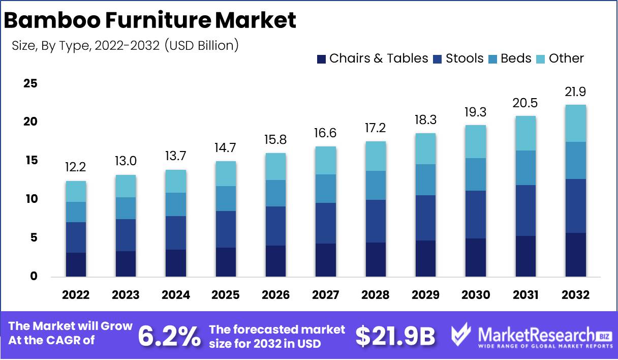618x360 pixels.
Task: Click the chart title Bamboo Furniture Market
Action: pyautogui.click(x=150, y=20)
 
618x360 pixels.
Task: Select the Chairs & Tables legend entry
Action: pyautogui.click(x=373, y=58)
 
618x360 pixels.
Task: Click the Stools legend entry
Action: pyautogui.click(x=458, y=58)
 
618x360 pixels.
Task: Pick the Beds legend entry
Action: pyautogui.click(x=510, y=58)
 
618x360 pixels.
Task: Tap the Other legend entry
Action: pyautogui.click(x=560, y=58)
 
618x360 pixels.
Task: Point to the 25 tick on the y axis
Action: pyautogui.click(x=30, y=83)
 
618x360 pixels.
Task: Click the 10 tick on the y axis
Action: pyautogui.click(x=30, y=199)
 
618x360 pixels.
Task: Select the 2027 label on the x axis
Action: pyautogui.click(x=326, y=295)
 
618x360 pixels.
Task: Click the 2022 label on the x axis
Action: pyautogui.click(x=76, y=295)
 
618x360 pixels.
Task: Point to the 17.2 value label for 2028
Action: pyautogui.click(x=376, y=128)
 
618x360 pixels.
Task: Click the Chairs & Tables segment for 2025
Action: pyautogui.click(x=226, y=262)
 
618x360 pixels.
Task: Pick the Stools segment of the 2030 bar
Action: pyautogui.click(x=476, y=215)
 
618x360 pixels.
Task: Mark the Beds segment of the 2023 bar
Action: pyautogui.click(x=126, y=208)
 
